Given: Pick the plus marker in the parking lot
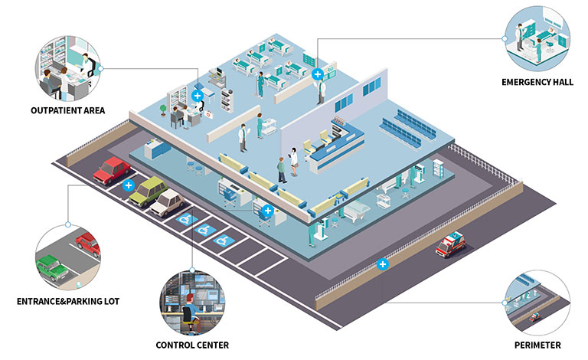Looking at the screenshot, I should coord(129,185).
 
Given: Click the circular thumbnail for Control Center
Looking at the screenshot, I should coord(190,297).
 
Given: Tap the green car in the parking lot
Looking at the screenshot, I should coord(148,191).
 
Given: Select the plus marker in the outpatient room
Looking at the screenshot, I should coord(198,96).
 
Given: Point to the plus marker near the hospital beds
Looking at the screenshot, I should coord(318,74).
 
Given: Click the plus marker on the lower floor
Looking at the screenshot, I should coord(267,211).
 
